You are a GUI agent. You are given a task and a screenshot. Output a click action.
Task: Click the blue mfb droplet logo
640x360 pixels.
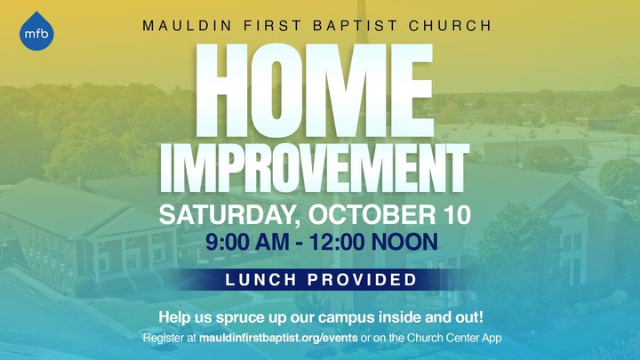tap(36, 32)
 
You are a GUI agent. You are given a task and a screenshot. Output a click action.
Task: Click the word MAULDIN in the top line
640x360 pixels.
tap(188, 26)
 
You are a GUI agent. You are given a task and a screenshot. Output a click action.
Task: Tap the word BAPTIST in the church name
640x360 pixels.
tap(355, 26)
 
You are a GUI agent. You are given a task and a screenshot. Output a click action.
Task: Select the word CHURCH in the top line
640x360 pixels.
tap(450, 26)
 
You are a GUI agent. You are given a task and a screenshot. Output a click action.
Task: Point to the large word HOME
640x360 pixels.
tap(314, 90)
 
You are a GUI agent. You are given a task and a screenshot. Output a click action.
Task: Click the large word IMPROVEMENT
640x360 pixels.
tap(315, 168)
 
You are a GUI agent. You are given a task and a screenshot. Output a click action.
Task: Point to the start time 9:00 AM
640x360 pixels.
tap(247, 242)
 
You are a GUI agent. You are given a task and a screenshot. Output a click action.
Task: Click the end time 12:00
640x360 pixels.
tap(337, 242)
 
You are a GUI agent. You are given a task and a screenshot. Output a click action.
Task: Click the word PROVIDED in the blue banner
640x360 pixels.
tap(362, 280)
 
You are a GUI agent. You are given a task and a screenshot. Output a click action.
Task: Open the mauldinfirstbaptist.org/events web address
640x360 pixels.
tap(278, 338)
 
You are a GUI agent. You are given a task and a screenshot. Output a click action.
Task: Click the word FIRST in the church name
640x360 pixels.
tap(272, 26)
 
